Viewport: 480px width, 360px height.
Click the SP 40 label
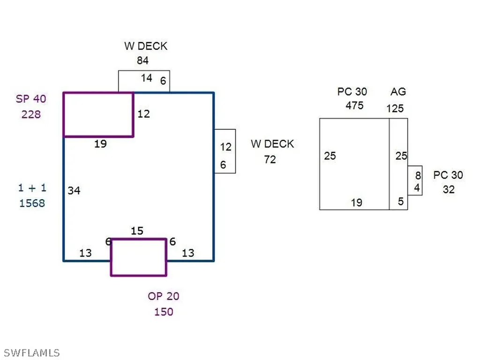pyautogui.click(x=31, y=99)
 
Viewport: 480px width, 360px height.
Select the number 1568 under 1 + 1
pyautogui.click(x=32, y=203)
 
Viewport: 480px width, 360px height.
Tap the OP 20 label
pyautogui.click(x=164, y=296)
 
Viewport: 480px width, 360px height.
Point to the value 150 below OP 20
pyautogui.click(x=164, y=312)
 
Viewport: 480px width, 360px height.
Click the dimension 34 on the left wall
pyautogui.click(x=74, y=190)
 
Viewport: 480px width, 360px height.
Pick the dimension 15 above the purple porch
pyautogui.click(x=137, y=231)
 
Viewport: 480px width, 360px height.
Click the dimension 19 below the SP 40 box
pyautogui.click(x=100, y=143)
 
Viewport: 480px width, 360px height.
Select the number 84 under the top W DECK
pyautogui.click(x=142, y=60)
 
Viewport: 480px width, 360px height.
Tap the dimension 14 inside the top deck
pyautogui.click(x=147, y=78)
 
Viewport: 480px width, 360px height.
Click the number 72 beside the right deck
pyautogui.click(x=270, y=159)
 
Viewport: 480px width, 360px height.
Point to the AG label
pyautogui.click(x=398, y=91)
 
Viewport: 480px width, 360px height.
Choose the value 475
pyautogui.click(x=354, y=105)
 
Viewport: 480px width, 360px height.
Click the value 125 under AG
pyautogui.click(x=395, y=108)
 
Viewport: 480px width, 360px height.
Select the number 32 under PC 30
pyautogui.click(x=449, y=189)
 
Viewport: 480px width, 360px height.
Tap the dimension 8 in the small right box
pyautogui.click(x=418, y=175)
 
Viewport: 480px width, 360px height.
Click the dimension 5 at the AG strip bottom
pyautogui.click(x=401, y=201)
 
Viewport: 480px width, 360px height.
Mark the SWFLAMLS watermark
pyautogui.click(x=32, y=352)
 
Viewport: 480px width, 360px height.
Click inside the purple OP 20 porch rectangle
pyautogui.click(x=139, y=257)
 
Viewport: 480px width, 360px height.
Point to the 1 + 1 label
pyautogui.click(x=32, y=187)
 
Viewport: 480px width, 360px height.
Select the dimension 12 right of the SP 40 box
pyautogui.click(x=143, y=114)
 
